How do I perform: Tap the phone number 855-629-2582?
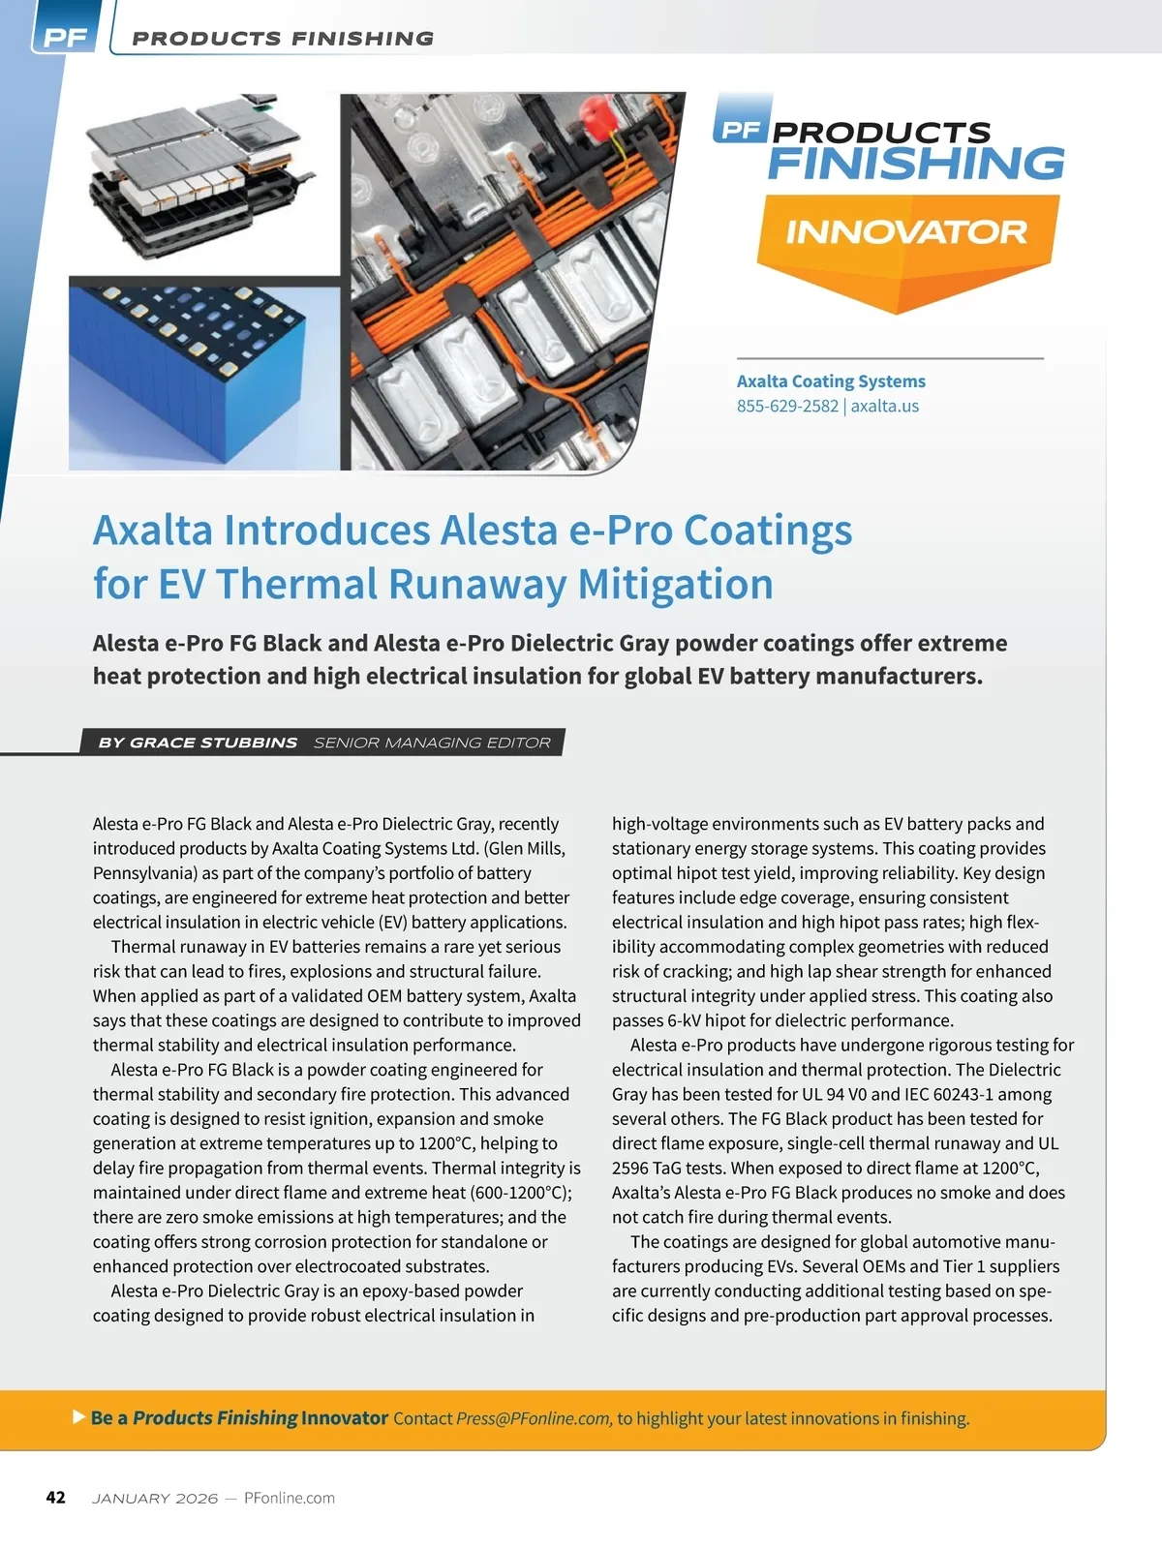pyautogui.click(x=787, y=406)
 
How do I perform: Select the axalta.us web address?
pyautogui.click(x=885, y=406)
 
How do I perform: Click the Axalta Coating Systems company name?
pyautogui.click(x=831, y=381)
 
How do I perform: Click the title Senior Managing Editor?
pyautogui.click(x=432, y=743)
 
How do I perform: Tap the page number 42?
pyautogui.click(x=56, y=1498)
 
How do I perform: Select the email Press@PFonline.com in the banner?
pyautogui.click(x=534, y=1419)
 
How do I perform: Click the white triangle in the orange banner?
pyautogui.click(x=79, y=1417)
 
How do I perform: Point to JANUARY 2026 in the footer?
pyautogui.click(x=155, y=1499)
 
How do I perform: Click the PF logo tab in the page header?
pyautogui.click(x=65, y=39)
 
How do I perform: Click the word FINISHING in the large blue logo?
pyautogui.click(x=916, y=164)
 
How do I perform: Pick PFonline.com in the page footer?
pyautogui.click(x=290, y=1499)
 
